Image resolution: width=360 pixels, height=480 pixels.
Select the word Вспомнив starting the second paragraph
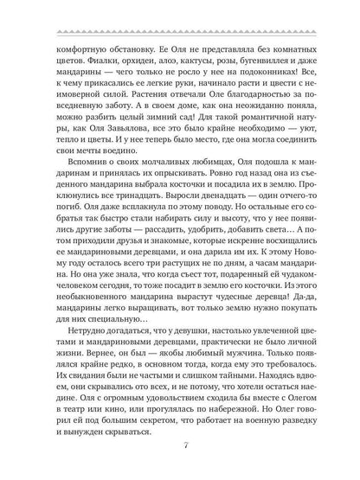click(76, 175)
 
